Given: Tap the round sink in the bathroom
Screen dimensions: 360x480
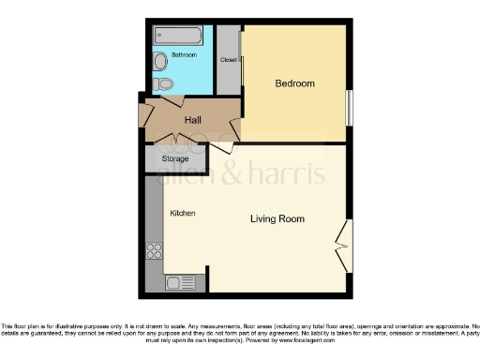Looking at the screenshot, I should pyautogui.click(x=160, y=62).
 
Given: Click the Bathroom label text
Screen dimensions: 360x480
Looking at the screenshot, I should pyautogui.click(x=184, y=55).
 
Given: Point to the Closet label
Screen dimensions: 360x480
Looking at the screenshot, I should pyautogui.click(x=228, y=59).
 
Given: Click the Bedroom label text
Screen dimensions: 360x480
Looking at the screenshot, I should pyautogui.click(x=294, y=84).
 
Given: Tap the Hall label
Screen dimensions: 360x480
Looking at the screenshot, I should pyautogui.click(x=193, y=121).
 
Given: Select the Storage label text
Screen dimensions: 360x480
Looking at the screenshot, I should pyautogui.click(x=175, y=159).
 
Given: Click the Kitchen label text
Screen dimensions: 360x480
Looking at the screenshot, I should pyautogui.click(x=182, y=214).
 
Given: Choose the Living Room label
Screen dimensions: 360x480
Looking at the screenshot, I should pyautogui.click(x=277, y=218).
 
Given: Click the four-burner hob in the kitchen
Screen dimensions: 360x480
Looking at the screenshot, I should pyautogui.click(x=154, y=250).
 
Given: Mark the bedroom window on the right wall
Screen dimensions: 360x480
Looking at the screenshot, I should pyautogui.click(x=348, y=106).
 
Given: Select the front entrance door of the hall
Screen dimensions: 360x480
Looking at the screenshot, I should pyautogui.click(x=145, y=113).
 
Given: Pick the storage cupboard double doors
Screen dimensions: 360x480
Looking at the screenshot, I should pyautogui.click(x=174, y=142).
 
